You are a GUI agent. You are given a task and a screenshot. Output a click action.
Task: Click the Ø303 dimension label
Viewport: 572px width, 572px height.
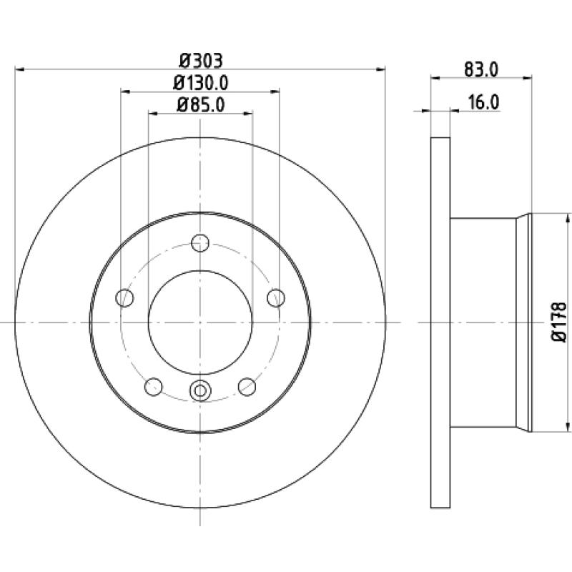pos(200,61)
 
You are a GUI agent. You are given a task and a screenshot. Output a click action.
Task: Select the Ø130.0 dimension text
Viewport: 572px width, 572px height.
pos(200,83)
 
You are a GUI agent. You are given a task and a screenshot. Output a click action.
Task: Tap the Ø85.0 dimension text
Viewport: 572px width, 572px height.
pos(200,105)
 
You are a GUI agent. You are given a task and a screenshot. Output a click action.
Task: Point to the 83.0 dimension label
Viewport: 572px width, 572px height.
pos(481,69)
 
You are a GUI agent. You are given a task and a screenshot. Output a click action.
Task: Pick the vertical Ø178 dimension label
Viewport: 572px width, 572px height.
pos(558,322)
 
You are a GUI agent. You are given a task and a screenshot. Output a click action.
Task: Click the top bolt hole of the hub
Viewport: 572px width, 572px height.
pos(200,243)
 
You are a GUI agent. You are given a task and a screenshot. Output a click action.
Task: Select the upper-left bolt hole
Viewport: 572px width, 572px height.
pos(124,297)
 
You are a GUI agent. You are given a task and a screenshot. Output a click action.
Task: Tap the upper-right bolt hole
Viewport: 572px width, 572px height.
pos(276,297)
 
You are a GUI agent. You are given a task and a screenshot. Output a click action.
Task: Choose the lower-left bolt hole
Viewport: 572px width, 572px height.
pos(154,387)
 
